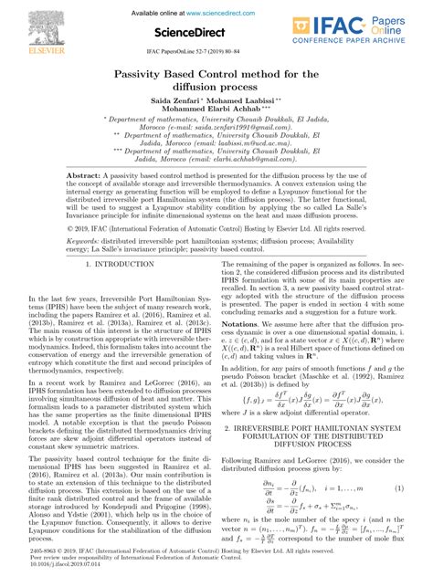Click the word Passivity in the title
(147, 76)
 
